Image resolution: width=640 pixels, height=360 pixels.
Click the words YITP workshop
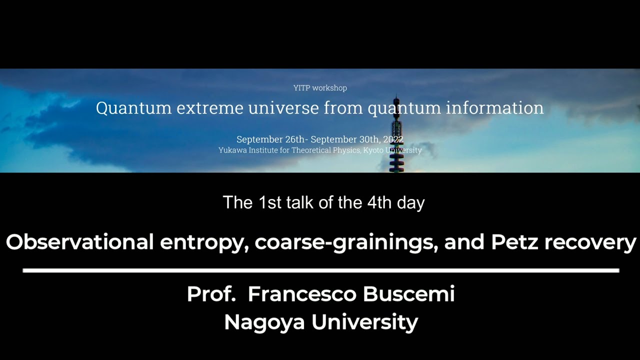(x=320, y=88)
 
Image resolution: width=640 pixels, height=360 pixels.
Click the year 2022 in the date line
(x=393, y=139)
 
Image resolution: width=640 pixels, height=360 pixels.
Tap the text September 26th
(x=270, y=139)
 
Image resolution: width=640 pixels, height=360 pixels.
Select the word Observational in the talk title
(x=79, y=242)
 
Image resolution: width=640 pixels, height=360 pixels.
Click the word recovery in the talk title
(x=590, y=242)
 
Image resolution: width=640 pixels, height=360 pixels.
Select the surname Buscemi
(x=408, y=294)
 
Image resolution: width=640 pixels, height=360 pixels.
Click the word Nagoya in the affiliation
(x=264, y=322)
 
